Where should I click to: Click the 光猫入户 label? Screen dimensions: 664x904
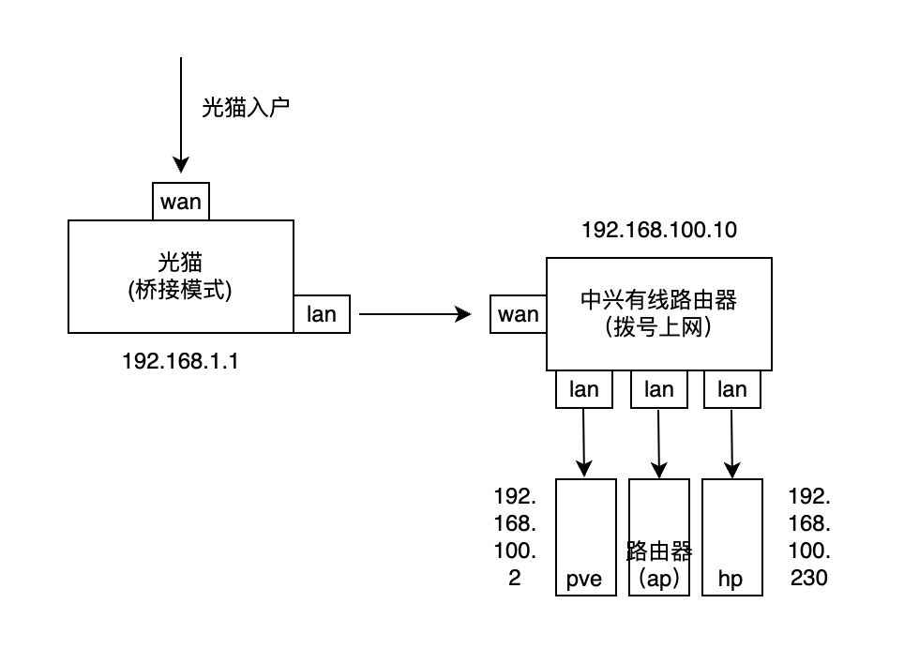click(246, 107)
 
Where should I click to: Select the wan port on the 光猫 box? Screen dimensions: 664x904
click(181, 202)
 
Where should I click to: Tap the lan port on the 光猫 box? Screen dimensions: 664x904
click(322, 314)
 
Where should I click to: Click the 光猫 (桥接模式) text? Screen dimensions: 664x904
click(180, 276)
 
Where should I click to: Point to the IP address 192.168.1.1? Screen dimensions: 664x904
click(180, 360)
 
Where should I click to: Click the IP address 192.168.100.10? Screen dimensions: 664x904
click(659, 230)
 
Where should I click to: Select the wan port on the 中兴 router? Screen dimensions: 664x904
click(519, 314)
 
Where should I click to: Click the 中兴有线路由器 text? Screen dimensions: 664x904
click(659, 300)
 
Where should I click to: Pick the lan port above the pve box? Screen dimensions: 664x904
click(584, 389)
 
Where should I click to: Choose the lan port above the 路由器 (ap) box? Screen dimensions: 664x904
click(659, 389)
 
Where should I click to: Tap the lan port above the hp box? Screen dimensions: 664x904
click(732, 389)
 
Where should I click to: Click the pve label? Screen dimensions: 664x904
click(585, 579)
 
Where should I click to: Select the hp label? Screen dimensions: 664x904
click(730, 579)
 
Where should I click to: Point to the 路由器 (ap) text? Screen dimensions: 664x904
click(658, 565)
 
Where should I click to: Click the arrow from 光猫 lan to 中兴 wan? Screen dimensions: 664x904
click(413, 315)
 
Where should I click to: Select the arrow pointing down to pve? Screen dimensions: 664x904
click(585, 441)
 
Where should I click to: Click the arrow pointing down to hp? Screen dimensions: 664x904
click(732, 441)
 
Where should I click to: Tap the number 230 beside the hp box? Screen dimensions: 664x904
click(808, 578)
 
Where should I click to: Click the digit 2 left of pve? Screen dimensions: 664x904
click(515, 578)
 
